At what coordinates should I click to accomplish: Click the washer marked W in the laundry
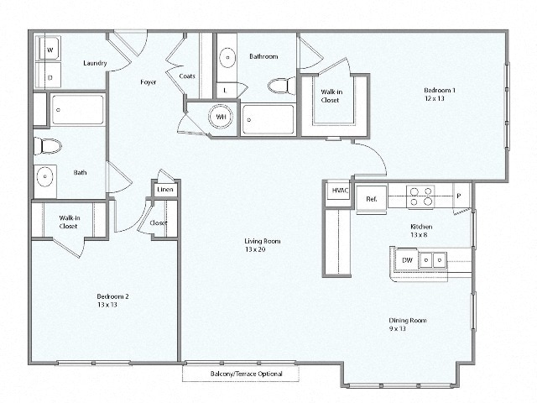click(49, 50)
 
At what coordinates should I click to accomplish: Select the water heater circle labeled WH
click(221, 117)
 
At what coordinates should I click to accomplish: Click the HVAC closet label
click(340, 191)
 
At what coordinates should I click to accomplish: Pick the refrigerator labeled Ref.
click(371, 199)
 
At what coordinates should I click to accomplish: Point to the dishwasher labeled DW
click(407, 260)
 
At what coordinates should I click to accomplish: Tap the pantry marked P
click(458, 196)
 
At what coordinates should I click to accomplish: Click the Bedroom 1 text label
click(439, 90)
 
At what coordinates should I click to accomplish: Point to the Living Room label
click(263, 241)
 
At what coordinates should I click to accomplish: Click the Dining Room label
click(408, 320)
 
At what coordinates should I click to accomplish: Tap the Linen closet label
click(164, 190)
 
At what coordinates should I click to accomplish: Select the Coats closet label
click(187, 76)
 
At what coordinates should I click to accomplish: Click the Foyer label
click(149, 82)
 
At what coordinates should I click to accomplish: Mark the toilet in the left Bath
click(50, 147)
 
